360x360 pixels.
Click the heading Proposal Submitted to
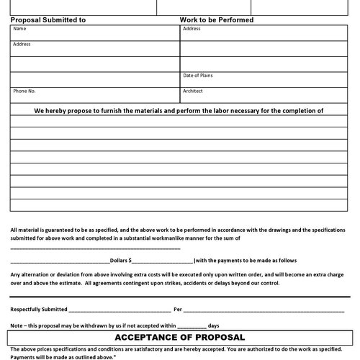(48, 20)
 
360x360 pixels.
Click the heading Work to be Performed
(216, 20)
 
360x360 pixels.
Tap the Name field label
(19, 29)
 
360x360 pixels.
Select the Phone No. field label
(24, 91)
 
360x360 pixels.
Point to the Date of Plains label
(198, 76)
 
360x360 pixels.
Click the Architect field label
(193, 91)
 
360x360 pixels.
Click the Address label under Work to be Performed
(192, 29)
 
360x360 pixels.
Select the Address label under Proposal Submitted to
(22, 45)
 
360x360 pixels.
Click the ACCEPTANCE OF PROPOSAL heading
(180, 338)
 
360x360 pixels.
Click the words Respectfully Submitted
(38, 309)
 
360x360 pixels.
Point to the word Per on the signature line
(178, 309)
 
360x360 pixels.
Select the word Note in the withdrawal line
(17, 325)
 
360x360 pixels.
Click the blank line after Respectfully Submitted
(119, 310)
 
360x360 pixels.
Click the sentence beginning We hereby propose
(179, 111)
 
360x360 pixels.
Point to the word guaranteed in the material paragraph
(62, 230)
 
